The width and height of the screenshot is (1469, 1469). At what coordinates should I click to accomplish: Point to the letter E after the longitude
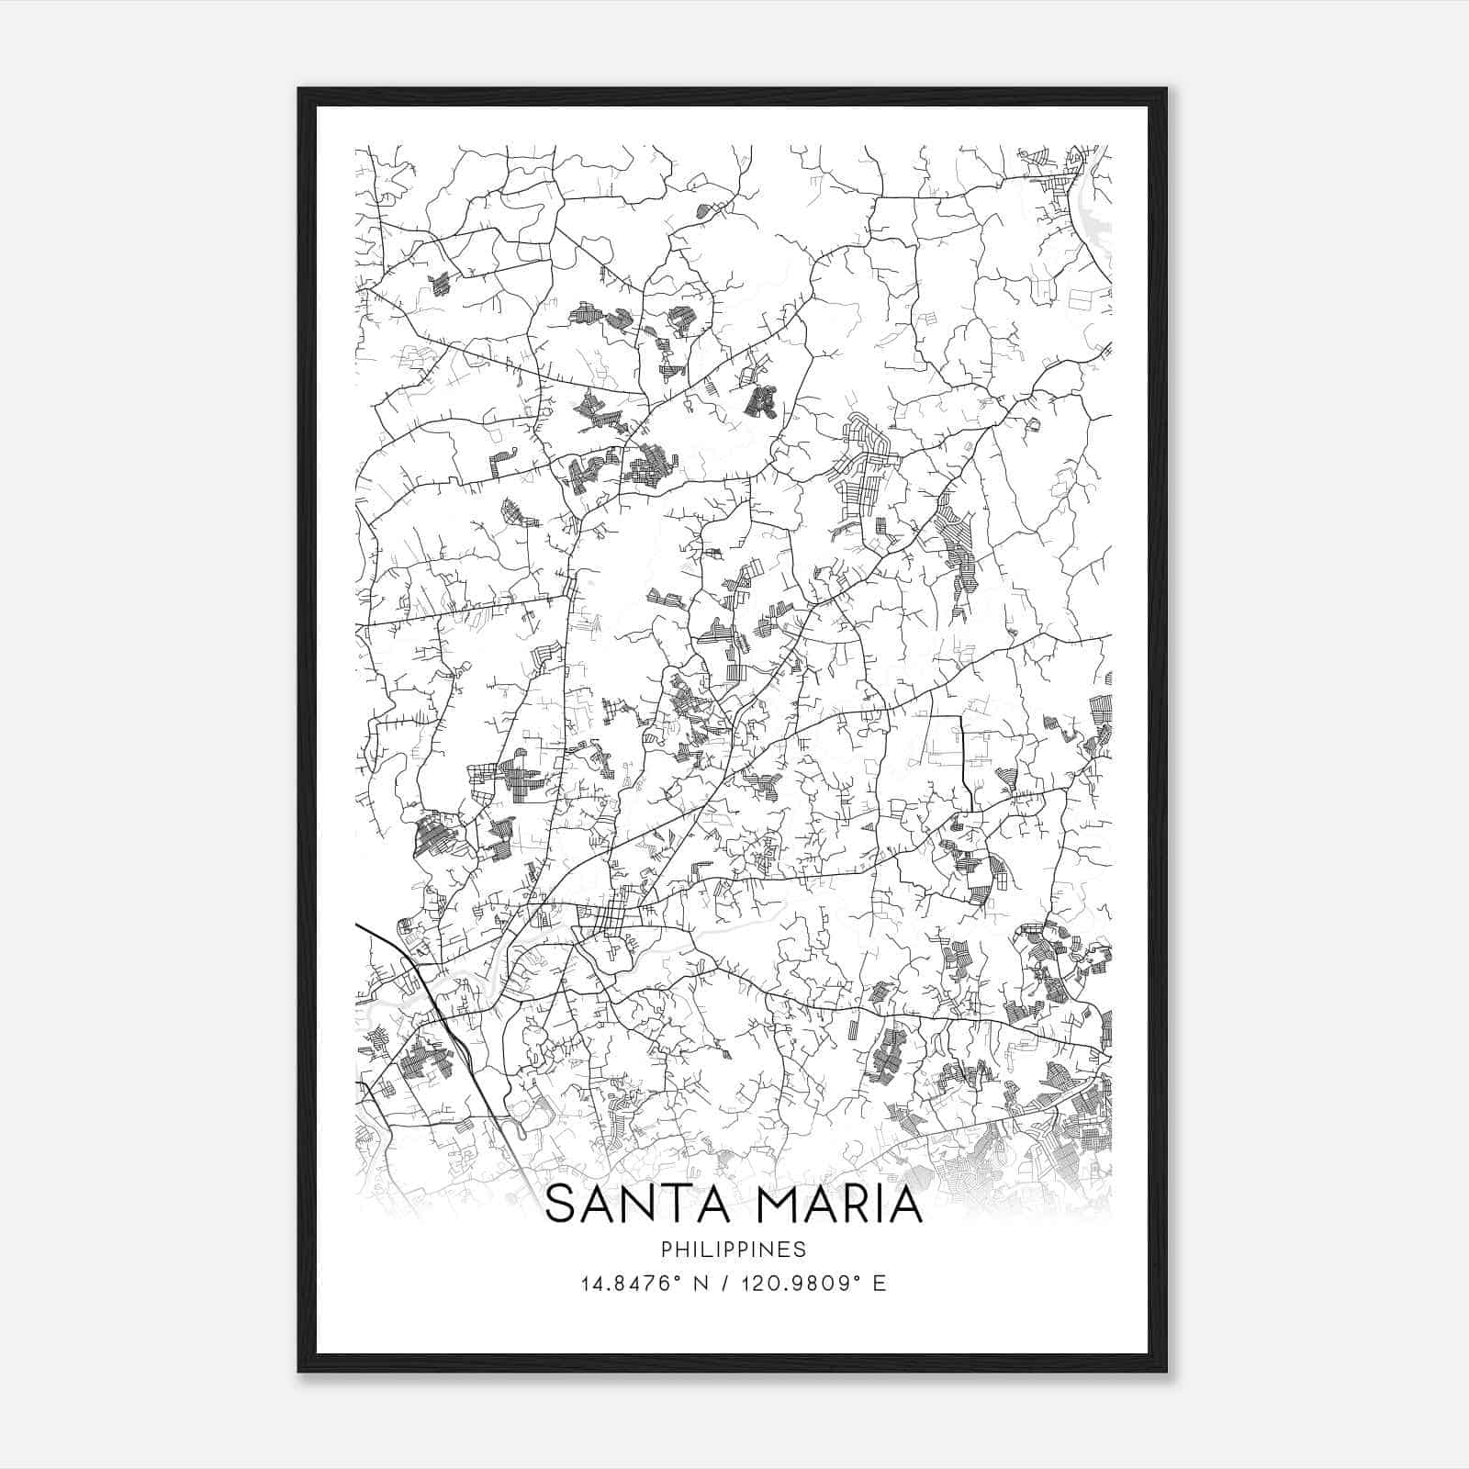(880, 1284)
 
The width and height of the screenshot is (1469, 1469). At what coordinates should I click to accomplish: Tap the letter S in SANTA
(562, 1205)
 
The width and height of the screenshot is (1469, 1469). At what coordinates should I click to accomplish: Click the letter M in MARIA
(765, 1205)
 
